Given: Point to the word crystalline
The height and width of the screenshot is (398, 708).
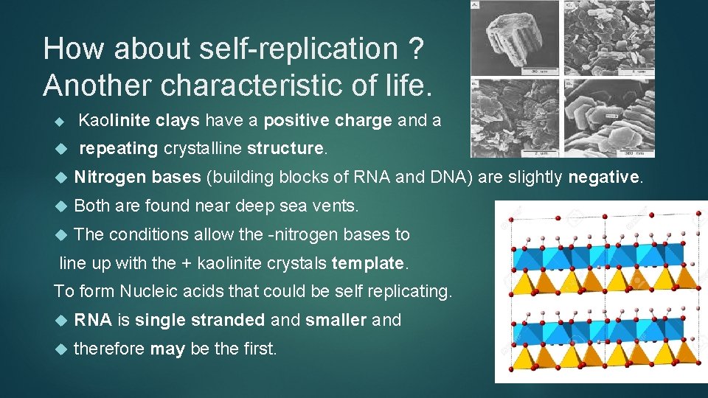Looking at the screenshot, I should pyautogui.click(x=203, y=148).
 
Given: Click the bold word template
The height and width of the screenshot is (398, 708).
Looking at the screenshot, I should pyautogui.click(x=368, y=262).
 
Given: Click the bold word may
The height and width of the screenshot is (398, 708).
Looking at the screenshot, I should pyautogui.click(x=167, y=348).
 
